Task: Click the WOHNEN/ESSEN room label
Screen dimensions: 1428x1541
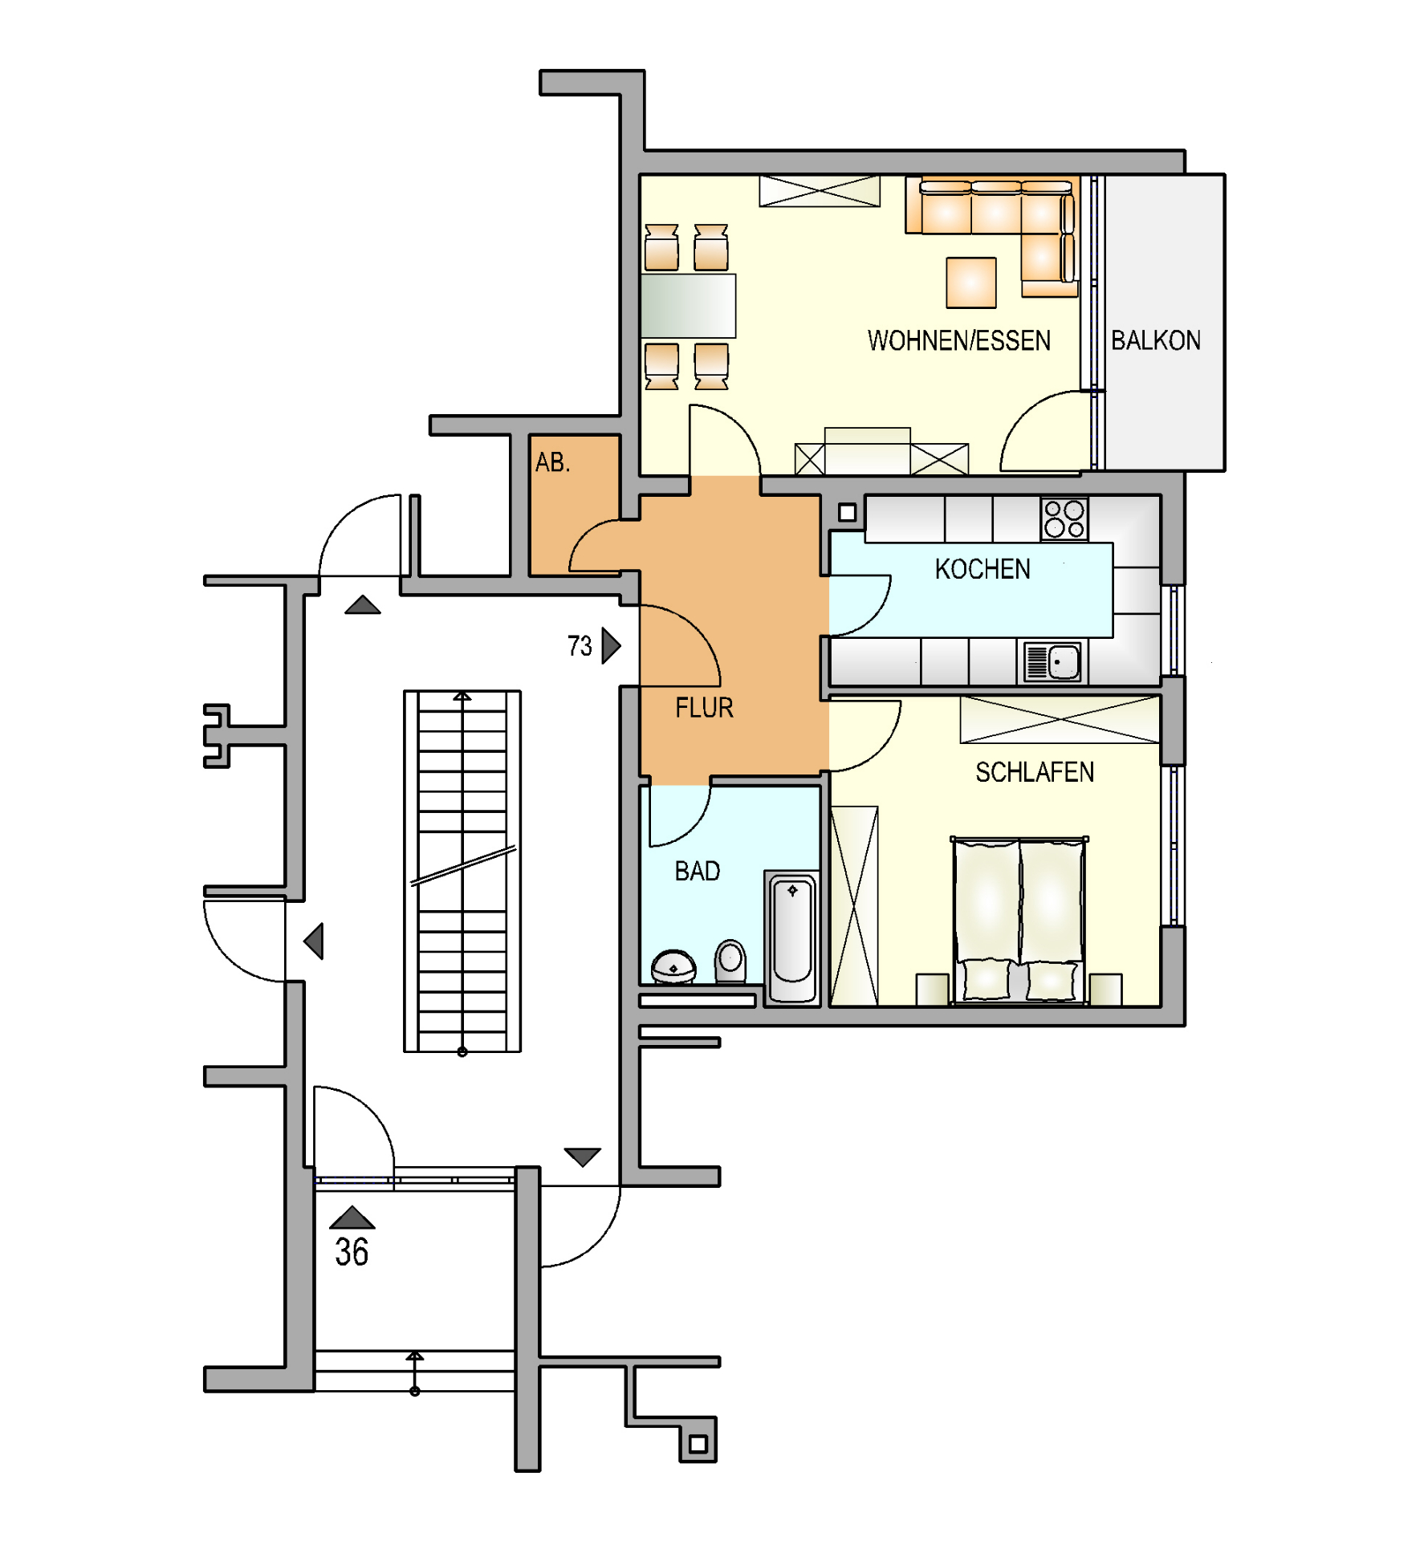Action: [958, 340]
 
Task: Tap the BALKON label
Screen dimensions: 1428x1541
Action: [1155, 340]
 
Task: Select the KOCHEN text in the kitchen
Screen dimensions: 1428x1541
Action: [983, 569]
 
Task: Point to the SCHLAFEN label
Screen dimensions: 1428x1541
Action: [1035, 772]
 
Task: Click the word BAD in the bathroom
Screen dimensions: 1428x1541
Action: [698, 871]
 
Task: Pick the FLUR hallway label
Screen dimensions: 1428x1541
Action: [704, 708]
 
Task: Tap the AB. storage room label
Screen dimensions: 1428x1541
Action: [552, 462]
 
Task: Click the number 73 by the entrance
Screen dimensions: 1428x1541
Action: [580, 646]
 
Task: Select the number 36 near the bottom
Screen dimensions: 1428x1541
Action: [352, 1252]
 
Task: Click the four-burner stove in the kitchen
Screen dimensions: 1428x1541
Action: [1064, 518]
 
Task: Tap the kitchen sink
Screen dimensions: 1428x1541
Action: [1052, 662]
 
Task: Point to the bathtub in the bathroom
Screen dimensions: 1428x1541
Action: [792, 937]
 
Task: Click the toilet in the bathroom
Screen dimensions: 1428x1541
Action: [730, 961]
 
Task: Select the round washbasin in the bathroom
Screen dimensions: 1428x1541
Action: [673, 966]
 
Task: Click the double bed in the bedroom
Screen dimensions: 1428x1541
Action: [1019, 921]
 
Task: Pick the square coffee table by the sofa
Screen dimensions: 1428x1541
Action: [971, 283]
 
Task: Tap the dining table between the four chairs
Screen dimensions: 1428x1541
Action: [688, 306]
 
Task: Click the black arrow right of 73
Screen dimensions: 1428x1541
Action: [611, 645]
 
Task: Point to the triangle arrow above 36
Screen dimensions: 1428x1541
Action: [352, 1218]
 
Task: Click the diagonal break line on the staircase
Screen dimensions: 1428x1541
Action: [463, 866]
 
